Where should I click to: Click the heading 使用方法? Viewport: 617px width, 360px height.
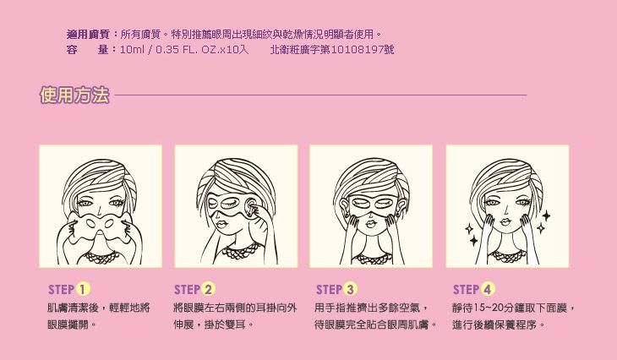[x=74, y=95]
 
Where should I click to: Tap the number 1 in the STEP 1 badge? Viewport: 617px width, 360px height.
[x=82, y=290]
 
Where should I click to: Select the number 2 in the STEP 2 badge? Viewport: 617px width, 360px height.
[x=208, y=290]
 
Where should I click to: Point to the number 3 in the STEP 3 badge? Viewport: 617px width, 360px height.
[x=350, y=290]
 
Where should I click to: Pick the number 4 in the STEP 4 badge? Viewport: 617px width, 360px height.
[x=487, y=290]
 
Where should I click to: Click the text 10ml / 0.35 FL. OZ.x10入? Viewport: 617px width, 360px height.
[x=184, y=50]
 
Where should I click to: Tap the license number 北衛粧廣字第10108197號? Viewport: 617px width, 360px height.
[x=331, y=50]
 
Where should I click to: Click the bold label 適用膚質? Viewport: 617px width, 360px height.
[x=88, y=35]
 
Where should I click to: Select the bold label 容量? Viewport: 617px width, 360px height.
[x=88, y=50]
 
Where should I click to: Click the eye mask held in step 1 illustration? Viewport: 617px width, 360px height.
[x=100, y=229]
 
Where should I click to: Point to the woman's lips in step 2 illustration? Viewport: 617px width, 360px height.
[x=222, y=224]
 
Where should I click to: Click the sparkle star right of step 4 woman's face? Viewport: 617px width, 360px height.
[x=546, y=215]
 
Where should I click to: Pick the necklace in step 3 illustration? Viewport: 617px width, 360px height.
[x=372, y=258]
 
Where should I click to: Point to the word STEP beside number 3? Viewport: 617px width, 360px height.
[x=329, y=290]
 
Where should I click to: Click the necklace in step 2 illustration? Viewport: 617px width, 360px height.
[x=240, y=251]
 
